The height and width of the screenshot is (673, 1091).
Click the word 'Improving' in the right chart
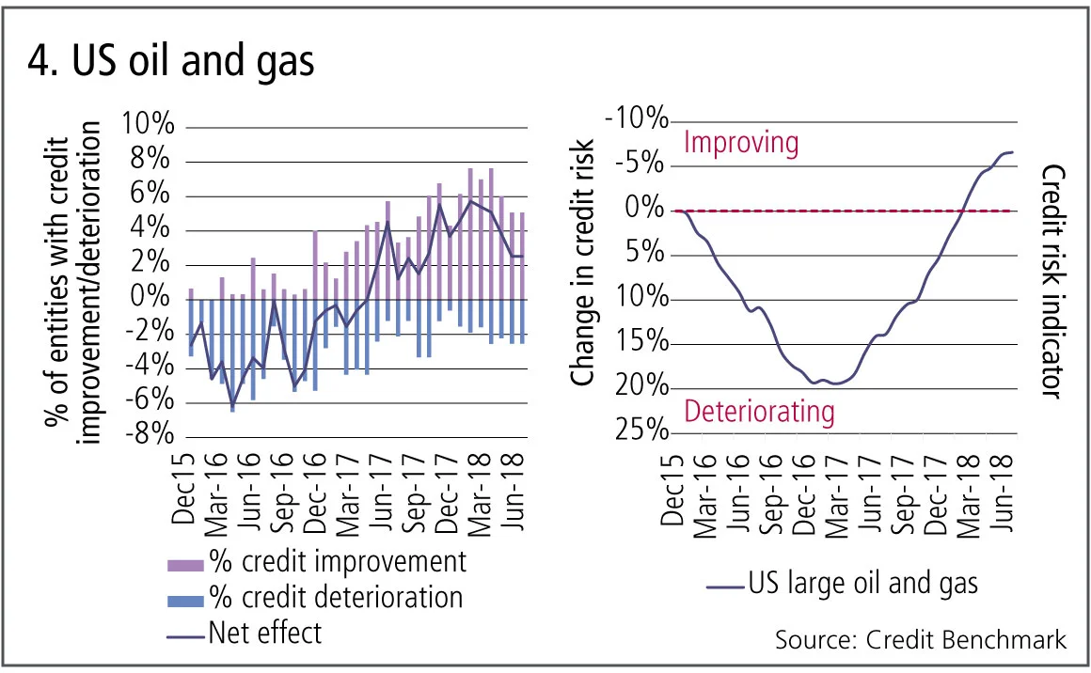tap(741, 143)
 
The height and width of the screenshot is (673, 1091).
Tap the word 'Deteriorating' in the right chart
tap(759, 412)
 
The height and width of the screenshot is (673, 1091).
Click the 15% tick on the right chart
tap(646, 342)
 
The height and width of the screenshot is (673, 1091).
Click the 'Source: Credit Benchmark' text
tap(921, 641)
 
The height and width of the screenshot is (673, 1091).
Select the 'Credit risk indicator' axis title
tap(1052, 282)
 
